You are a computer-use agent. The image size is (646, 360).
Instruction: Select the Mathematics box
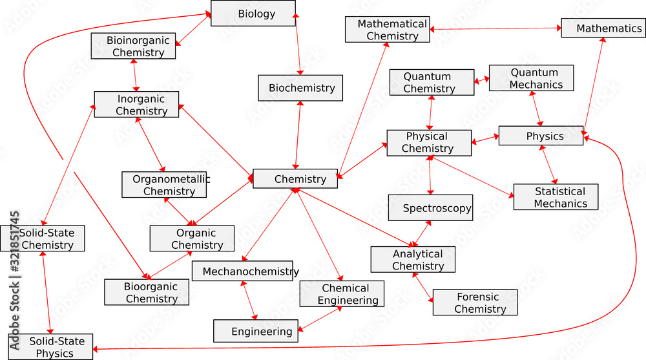pyautogui.click(x=603, y=28)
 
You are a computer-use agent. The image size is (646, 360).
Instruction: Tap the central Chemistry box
pyautogui.click(x=295, y=179)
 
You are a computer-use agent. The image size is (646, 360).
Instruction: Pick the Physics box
pyautogui.click(x=541, y=136)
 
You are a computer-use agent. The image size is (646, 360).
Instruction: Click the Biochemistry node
pyautogui.click(x=300, y=88)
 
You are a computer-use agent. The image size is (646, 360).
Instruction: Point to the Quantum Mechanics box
pyautogui.click(x=531, y=78)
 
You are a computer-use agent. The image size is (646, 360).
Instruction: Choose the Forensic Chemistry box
pyautogui.click(x=475, y=302)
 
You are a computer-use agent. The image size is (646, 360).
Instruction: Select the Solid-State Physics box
pyautogui.click(x=50, y=347)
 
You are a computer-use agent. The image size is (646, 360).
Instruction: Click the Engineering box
pyautogui.click(x=256, y=331)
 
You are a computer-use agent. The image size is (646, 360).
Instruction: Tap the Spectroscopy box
pyautogui.click(x=430, y=208)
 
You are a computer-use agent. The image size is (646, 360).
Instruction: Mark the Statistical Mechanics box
pyautogui.click(x=556, y=197)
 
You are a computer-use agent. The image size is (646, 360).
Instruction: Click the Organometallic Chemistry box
pyautogui.click(x=164, y=185)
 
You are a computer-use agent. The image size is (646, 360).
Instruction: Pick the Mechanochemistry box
pyautogui.click(x=242, y=271)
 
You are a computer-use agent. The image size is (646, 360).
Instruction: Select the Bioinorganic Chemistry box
pyautogui.click(x=133, y=47)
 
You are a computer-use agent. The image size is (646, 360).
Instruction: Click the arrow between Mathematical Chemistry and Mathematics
pyautogui.click(x=495, y=29)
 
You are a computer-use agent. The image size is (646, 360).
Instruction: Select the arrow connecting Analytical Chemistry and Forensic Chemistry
pyautogui.click(x=423, y=288)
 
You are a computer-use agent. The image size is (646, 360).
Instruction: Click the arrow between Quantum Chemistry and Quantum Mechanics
pyautogui.click(x=482, y=81)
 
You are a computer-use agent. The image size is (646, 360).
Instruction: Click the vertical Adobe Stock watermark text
pyautogui.click(x=14, y=278)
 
